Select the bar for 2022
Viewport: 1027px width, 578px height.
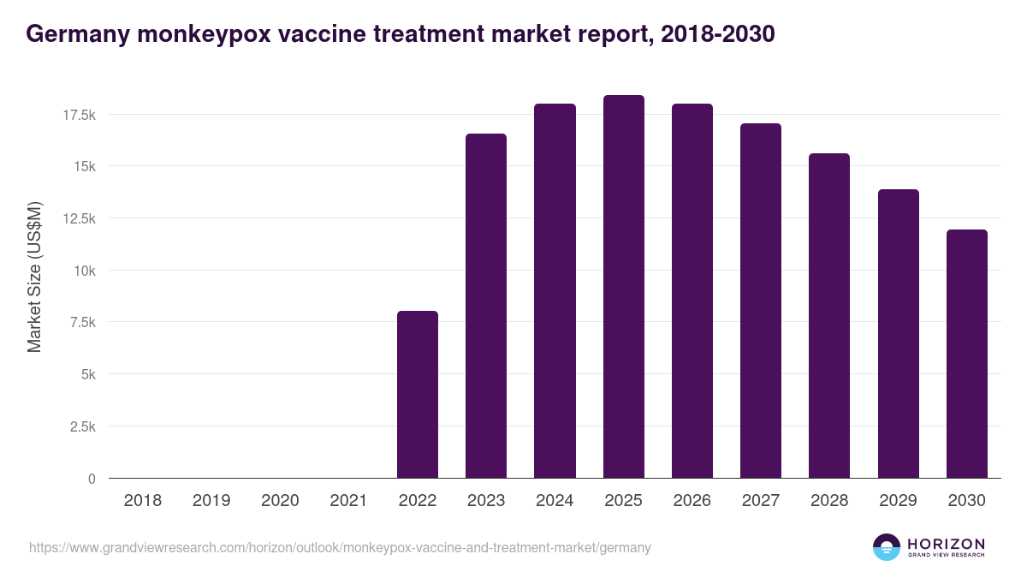(418, 395)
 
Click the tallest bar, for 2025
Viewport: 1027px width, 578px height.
(623, 287)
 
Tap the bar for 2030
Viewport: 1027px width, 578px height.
(966, 354)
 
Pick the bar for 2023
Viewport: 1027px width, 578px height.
(486, 306)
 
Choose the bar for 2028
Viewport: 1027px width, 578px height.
(829, 316)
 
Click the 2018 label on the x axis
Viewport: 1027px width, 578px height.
(143, 501)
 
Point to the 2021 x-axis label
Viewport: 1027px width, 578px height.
(348, 501)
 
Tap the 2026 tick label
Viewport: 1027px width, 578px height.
(692, 501)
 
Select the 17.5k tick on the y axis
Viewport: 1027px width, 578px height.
(78, 114)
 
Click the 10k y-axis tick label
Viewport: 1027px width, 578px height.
(83, 271)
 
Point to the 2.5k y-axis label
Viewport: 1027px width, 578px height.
(81, 426)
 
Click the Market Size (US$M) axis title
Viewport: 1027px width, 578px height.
(34, 277)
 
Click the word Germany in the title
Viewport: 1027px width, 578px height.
(72, 33)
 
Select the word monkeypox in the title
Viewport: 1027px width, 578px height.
(177, 33)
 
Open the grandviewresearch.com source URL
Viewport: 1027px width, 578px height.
(340, 547)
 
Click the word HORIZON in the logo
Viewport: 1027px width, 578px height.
(945, 544)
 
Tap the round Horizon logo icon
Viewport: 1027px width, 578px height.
(887, 547)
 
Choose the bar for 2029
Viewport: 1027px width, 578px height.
(898, 334)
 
